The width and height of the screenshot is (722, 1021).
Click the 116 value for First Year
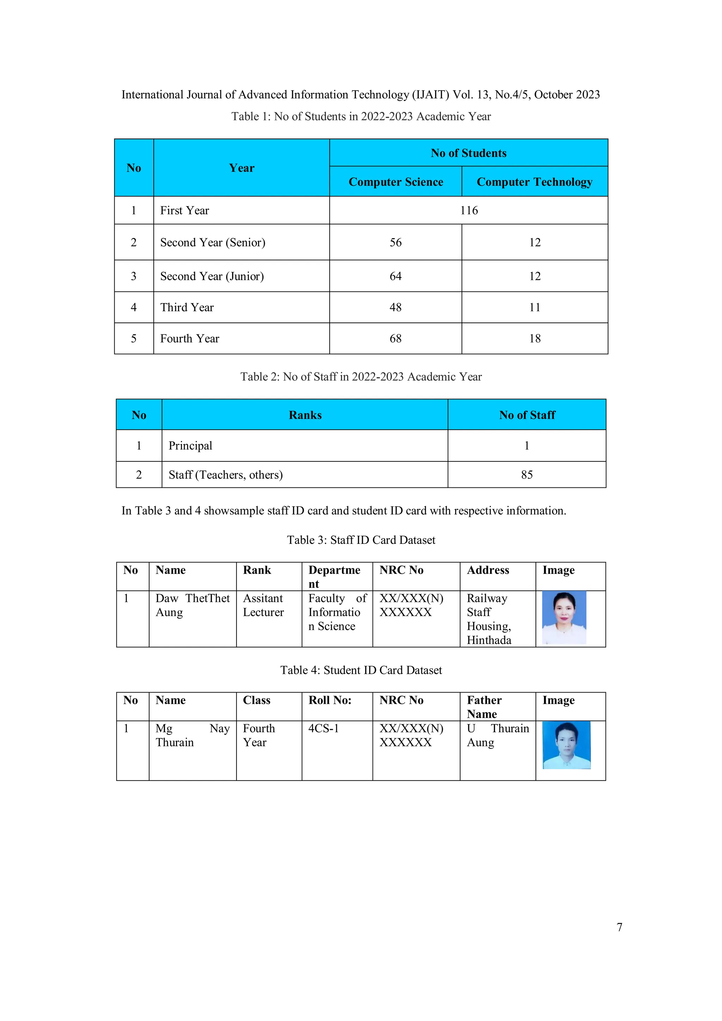click(469, 210)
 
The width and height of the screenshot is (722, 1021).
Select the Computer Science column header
click(396, 182)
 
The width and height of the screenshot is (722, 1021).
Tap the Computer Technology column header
click(534, 182)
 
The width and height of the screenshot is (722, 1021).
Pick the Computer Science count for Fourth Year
click(396, 338)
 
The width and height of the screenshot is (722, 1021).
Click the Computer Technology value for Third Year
click(534, 307)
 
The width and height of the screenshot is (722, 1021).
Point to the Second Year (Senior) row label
click(213, 242)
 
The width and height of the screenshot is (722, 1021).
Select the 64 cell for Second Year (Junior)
click(396, 276)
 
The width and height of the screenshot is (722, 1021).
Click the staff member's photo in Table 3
click(564, 618)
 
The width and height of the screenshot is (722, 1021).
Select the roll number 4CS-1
click(323, 728)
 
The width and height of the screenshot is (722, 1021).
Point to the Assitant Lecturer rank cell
click(263, 605)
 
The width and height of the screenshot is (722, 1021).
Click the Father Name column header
click(484, 707)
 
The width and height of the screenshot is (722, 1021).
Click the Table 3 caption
click(361, 540)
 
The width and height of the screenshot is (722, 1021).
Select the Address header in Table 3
click(488, 570)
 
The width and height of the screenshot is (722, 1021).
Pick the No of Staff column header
click(527, 415)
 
